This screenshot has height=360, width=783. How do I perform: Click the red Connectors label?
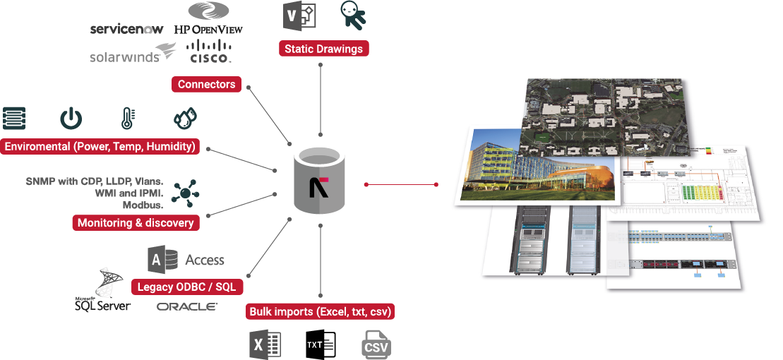[206, 85]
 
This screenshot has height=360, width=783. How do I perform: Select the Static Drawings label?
[323, 49]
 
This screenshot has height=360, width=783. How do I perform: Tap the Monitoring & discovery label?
[136, 223]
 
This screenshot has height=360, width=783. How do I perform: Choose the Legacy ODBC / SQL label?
[188, 287]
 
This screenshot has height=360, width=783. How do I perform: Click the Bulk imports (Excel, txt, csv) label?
[321, 311]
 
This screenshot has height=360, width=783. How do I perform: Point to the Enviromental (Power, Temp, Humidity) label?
[100, 147]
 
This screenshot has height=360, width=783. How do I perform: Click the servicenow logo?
[127, 29]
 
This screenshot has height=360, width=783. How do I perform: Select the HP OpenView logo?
[208, 19]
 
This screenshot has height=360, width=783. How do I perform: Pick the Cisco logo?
[210, 52]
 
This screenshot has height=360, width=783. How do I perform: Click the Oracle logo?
[187, 306]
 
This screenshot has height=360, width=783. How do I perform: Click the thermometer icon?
[127, 118]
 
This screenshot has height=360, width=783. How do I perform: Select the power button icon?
[71, 118]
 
